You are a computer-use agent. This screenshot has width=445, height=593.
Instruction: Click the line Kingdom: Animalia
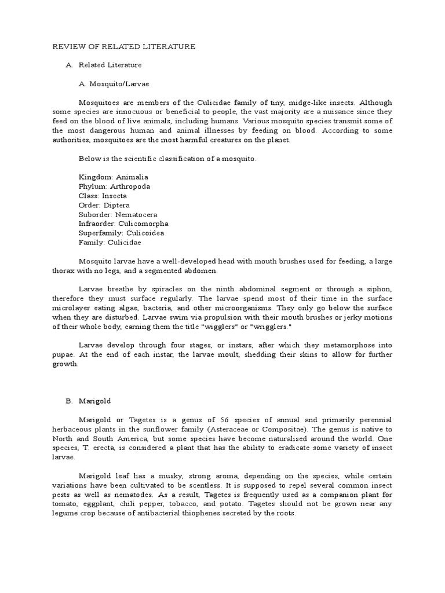[114, 177]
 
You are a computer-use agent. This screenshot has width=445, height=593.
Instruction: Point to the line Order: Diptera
[104, 205]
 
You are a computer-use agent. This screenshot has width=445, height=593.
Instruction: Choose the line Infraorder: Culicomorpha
[124, 224]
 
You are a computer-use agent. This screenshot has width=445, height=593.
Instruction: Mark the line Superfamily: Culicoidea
[122, 233]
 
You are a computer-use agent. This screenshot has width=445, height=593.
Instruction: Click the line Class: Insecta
[103, 196]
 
